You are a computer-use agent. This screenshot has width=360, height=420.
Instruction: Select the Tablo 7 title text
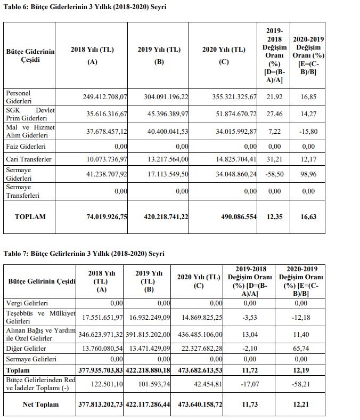point(84,253)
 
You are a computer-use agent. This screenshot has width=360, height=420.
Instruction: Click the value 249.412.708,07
point(105,97)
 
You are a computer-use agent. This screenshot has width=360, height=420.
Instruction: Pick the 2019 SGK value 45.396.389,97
point(166,114)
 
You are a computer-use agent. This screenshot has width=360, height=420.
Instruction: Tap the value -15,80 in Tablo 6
point(308,131)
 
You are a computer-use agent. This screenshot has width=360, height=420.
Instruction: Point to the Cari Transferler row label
point(29,159)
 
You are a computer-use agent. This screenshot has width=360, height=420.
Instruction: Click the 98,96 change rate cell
point(308,173)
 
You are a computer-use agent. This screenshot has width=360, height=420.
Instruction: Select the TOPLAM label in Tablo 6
point(30,217)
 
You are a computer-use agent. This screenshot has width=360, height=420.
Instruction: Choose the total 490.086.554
point(233,217)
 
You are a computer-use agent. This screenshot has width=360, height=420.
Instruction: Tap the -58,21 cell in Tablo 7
point(300,384)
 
